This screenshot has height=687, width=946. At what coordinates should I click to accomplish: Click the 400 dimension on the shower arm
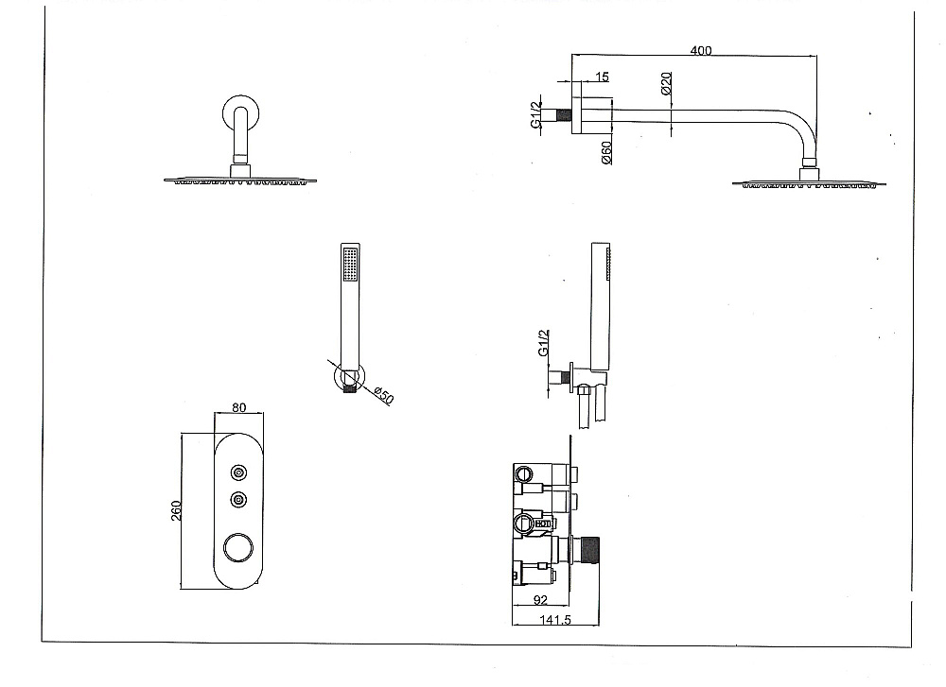pos(700,51)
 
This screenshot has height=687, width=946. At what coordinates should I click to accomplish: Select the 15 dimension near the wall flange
pos(602,77)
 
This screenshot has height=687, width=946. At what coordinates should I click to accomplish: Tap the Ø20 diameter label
pos(667,83)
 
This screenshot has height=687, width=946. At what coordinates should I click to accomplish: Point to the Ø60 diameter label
pos(607,152)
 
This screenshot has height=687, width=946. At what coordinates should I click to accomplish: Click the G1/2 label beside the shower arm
pos(536,114)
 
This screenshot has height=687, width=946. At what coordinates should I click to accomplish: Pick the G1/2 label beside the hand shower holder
pos(544,343)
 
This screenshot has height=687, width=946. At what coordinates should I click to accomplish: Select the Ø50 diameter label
pos(384,396)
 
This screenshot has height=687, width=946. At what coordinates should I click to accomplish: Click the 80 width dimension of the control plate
pos(239,407)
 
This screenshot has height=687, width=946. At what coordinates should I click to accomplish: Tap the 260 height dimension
pos(176,510)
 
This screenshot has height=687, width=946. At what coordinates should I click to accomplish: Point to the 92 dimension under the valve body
pos(540,600)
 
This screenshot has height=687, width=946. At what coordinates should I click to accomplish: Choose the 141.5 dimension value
pos(555,620)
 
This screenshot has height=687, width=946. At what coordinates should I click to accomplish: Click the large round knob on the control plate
pos(238,548)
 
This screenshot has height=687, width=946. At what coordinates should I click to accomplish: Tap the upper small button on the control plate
pos(239,472)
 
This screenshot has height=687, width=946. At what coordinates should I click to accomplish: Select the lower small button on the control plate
pos(239,499)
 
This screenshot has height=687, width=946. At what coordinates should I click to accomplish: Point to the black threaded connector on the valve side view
pos(590,550)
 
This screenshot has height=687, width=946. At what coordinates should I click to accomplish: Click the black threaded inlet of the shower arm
pos(564,115)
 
